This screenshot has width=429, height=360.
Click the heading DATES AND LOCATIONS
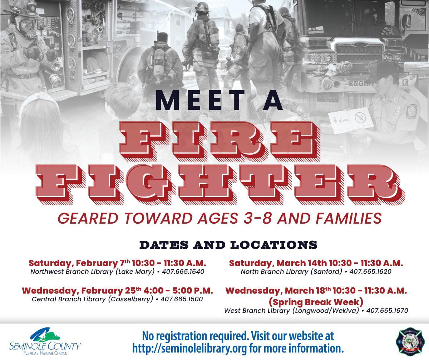(x=228, y=245)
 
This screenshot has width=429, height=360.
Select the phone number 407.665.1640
(x=183, y=272)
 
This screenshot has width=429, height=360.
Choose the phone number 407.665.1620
(x=370, y=272)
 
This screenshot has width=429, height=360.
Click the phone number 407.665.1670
(x=387, y=311)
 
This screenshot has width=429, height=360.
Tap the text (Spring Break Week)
(x=316, y=301)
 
